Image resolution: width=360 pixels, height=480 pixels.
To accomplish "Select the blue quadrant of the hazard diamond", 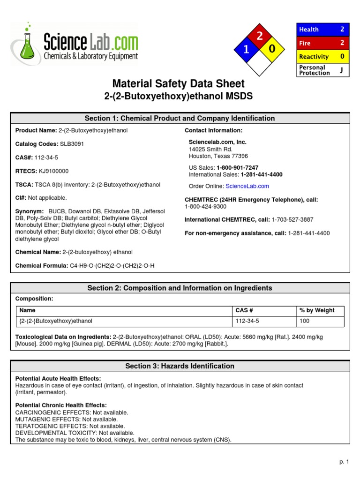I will tap(246, 50).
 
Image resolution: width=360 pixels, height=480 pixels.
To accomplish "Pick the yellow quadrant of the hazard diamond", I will tap(272, 49).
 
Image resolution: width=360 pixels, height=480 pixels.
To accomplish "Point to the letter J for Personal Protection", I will tap(341, 70).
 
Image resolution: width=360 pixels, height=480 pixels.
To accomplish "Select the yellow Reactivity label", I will tap(314, 57).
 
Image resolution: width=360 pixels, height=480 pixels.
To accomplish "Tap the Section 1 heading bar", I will tap(180, 118).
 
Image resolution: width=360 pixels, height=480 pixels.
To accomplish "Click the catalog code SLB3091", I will tap(72, 144).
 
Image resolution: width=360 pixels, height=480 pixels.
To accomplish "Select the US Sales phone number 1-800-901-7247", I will tap(237, 167).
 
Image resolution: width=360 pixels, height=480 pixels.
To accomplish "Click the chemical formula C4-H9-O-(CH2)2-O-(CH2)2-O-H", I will tap(112, 266).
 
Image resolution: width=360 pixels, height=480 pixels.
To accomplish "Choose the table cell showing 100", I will tap(304, 321).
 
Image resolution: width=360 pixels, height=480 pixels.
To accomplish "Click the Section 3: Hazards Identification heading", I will tap(180, 366).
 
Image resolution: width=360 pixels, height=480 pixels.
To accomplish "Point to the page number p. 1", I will tap(345, 462).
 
